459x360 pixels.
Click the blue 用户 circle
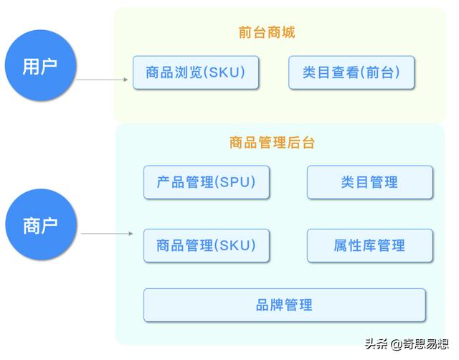point(40,67)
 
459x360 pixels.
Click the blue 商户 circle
point(40,225)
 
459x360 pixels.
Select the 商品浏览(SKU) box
point(196,72)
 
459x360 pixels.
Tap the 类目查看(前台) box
point(351,72)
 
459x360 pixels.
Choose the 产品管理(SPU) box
point(206,182)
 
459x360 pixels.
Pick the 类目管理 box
point(369,182)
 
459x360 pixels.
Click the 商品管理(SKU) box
point(206,245)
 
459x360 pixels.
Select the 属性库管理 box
point(369,245)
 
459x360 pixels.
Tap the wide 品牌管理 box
point(284,305)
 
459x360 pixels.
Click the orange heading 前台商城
point(267,32)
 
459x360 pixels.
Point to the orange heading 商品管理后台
point(272,143)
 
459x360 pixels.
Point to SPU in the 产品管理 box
point(235,182)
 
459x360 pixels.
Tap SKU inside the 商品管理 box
point(235,245)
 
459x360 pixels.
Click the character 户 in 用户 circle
point(49,67)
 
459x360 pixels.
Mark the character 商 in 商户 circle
point(31,225)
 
